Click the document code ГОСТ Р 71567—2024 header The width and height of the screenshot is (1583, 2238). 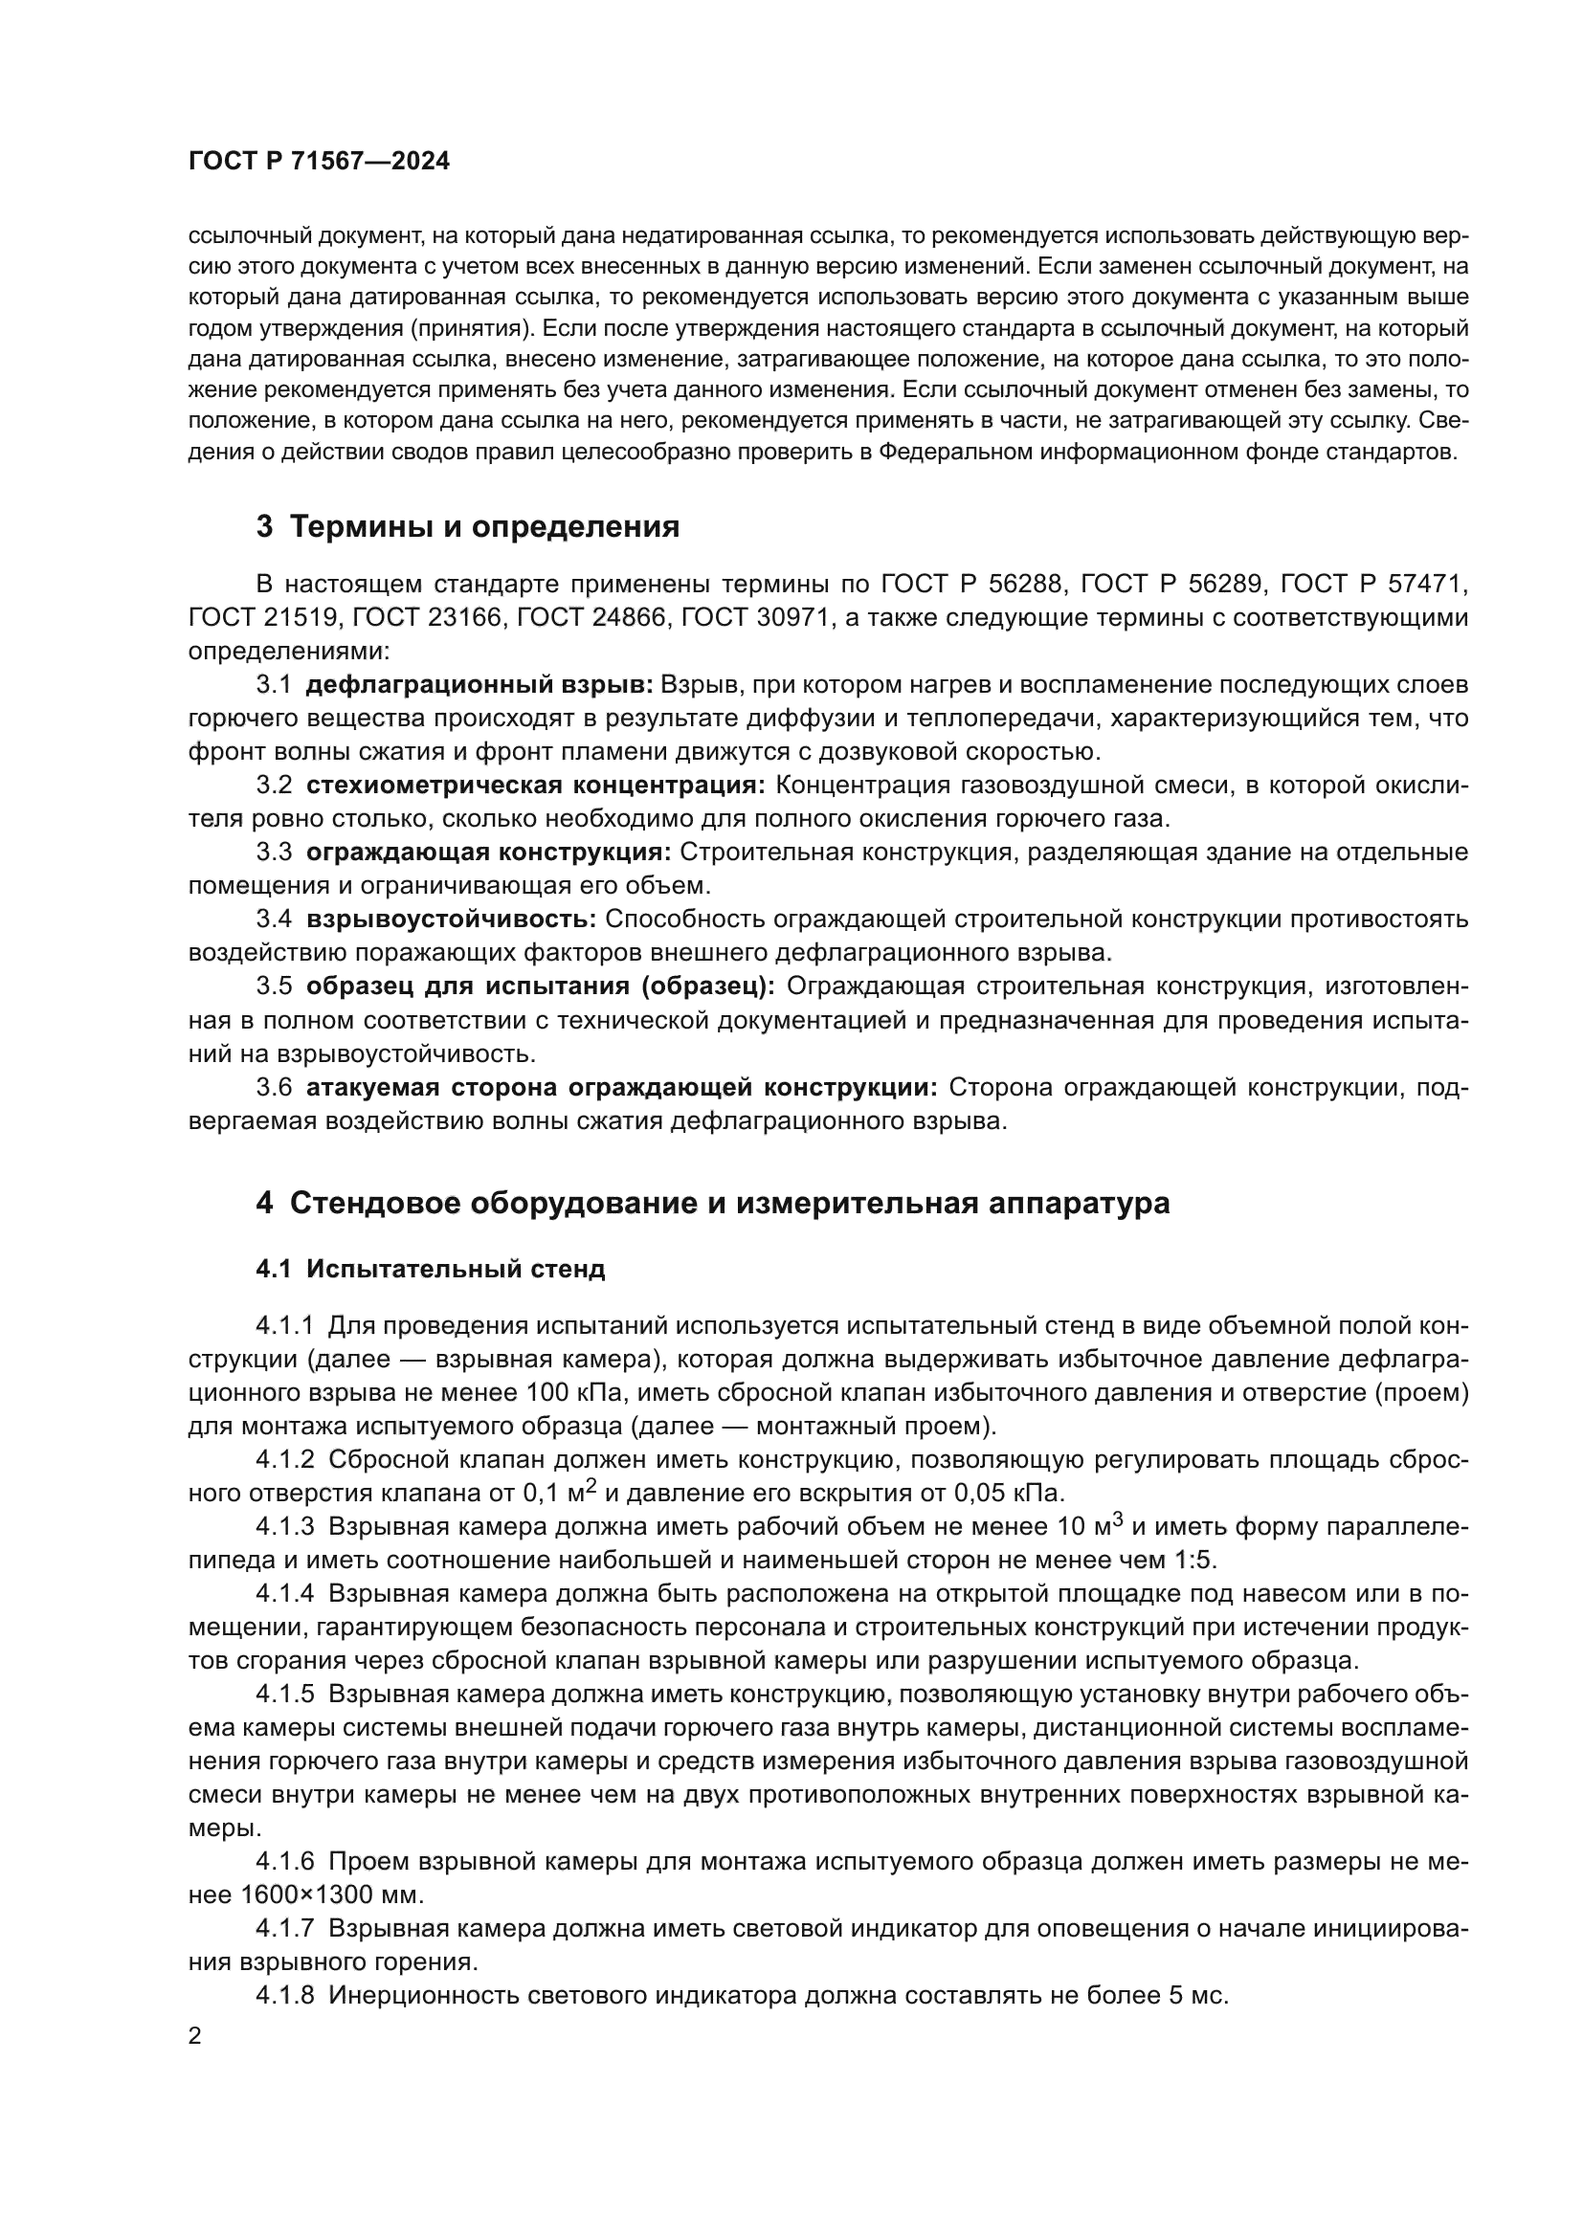(x=319, y=162)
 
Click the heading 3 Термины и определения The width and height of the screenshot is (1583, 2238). (x=467, y=527)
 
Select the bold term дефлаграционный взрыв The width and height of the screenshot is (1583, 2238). (x=479, y=685)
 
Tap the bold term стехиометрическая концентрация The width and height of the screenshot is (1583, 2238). (x=535, y=786)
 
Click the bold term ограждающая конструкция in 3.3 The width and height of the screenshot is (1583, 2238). (x=487, y=853)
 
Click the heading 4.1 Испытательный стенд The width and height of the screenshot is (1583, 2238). (x=430, y=1269)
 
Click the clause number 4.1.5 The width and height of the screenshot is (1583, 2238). (x=284, y=1695)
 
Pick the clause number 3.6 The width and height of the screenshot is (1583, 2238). (x=274, y=1087)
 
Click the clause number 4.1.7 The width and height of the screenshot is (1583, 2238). (x=284, y=1928)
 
